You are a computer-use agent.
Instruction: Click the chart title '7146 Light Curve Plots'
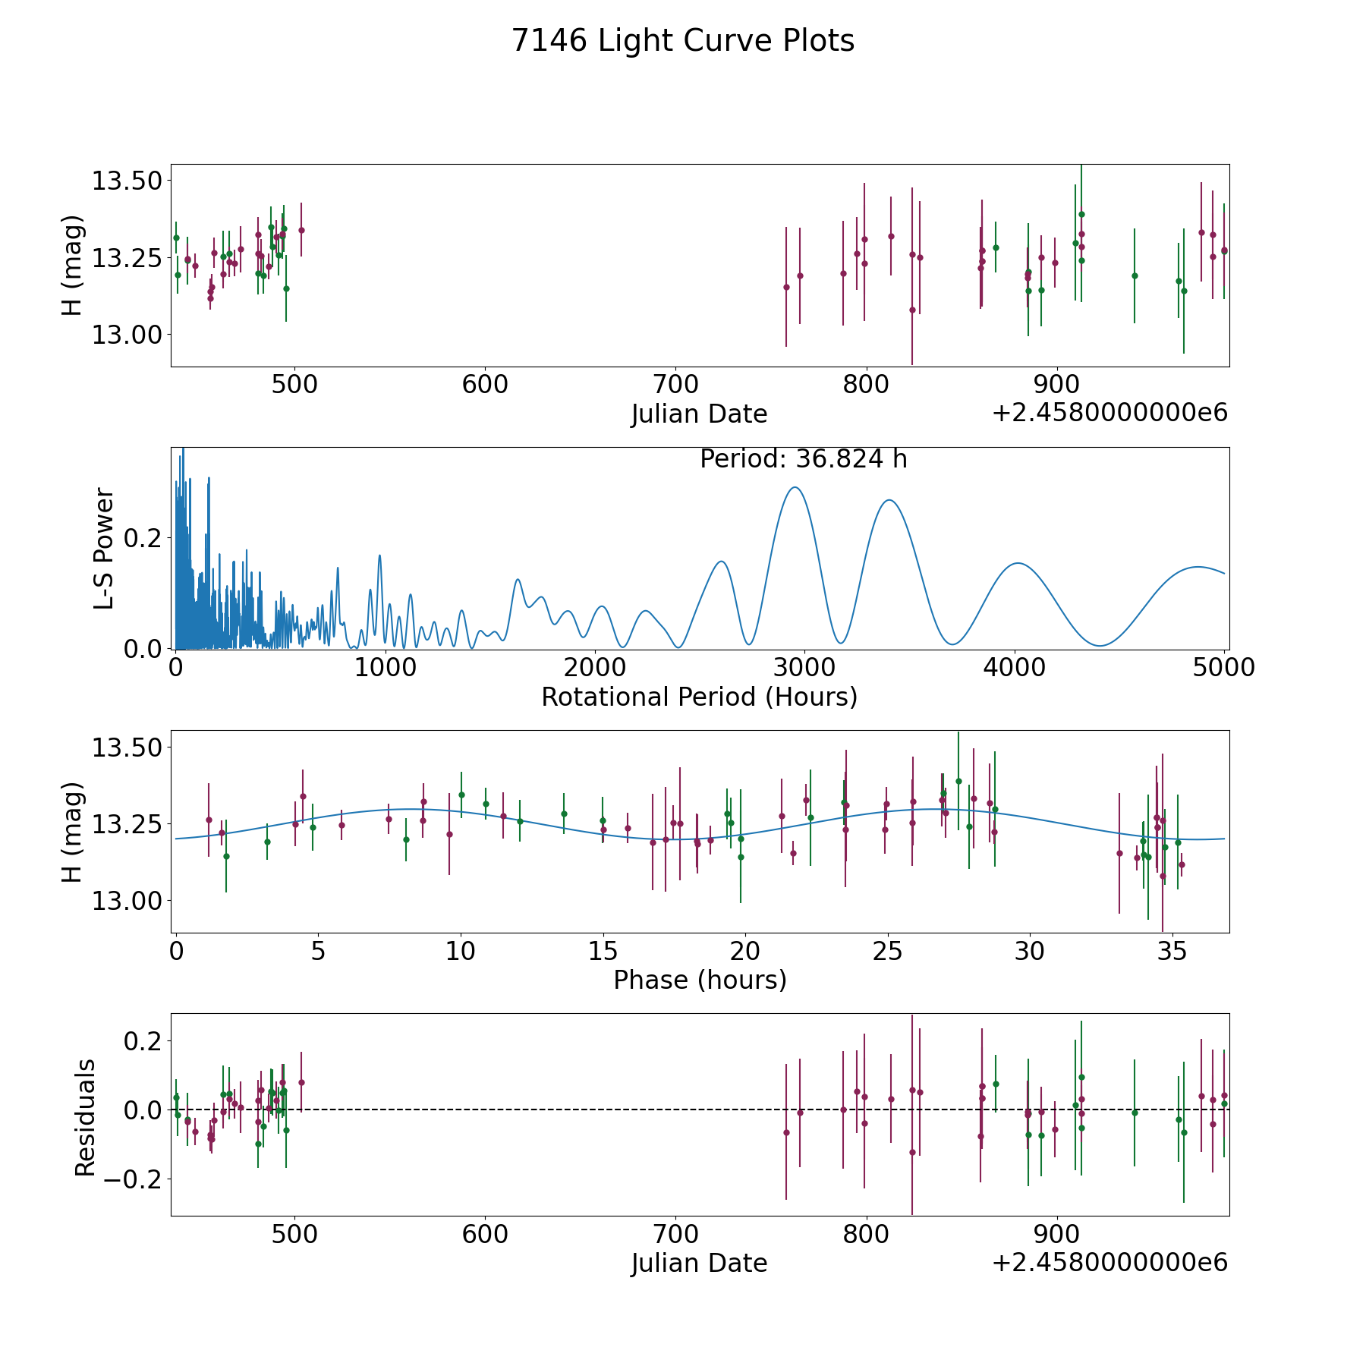coord(683,41)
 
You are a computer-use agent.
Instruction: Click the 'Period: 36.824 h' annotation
coord(803,459)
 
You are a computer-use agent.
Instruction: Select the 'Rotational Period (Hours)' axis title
coord(699,697)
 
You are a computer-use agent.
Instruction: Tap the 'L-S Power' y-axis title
coord(104,548)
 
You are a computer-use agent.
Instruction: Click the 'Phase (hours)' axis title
coord(700,980)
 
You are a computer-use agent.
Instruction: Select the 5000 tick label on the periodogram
coord(1223,667)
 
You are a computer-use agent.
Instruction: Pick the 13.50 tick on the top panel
coord(127,181)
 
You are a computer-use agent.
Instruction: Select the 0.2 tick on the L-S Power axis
coord(143,538)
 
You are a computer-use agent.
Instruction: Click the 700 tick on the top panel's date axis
coord(675,384)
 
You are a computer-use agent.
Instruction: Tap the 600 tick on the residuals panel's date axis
coord(485,1233)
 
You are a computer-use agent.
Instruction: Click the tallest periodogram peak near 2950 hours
coord(795,488)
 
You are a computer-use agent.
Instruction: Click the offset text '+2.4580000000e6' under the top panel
coord(1109,413)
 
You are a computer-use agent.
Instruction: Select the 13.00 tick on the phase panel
coord(127,901)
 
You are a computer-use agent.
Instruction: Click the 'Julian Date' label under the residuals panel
coord(699,1263)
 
